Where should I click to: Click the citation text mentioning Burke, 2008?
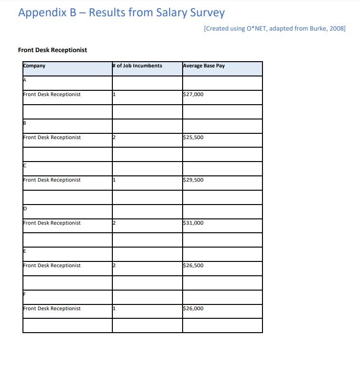pos(274,29)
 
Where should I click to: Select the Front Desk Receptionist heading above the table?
pos(53,50)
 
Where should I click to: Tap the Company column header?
pos(34,66)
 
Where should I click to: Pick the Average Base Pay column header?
pos(204,66)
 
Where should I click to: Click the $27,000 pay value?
pos(193,95)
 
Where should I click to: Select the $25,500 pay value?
pos(193,138)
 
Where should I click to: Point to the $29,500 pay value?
pos(193,180)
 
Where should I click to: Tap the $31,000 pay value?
pos(193,223)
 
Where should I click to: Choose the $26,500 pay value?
pos(193,266)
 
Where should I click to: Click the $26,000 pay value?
pos(193,309)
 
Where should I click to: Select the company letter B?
pos(25,123)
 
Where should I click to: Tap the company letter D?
pos(25,209)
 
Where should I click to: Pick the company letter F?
pos(25,294)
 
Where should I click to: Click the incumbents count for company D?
pos(114,223)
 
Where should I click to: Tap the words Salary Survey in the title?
pos(190,13)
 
